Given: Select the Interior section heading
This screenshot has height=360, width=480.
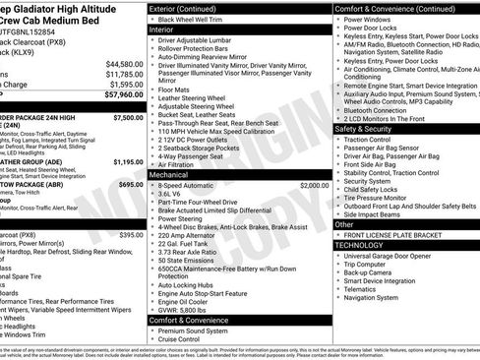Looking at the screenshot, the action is [x=162, y=30].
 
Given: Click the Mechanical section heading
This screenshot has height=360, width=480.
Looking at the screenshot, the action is [x=170, y=173].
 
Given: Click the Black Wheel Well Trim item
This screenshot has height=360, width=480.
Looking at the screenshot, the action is [x=201, y=19].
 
